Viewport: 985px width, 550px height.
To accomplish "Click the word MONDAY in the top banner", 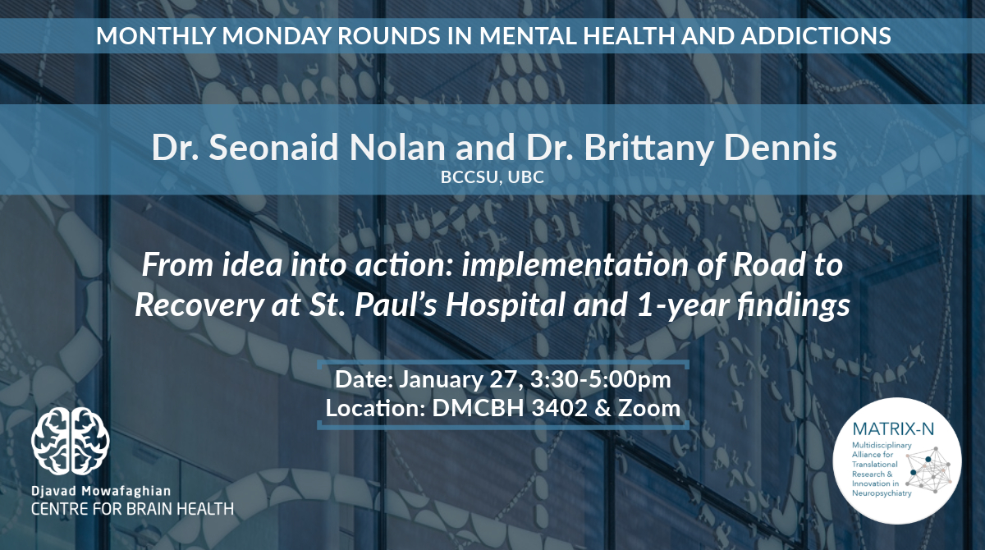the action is coord(276,35).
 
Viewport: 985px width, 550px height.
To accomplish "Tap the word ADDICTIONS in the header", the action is coord(816,35).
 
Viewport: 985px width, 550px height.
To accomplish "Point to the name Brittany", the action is coord(648,148).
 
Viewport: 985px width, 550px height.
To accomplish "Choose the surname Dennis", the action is coord(781,147).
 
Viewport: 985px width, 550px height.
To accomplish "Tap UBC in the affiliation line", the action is coord(526,176).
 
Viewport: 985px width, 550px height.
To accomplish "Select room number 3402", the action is coord(559,409).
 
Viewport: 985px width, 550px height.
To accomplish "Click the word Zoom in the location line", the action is coord(649,409).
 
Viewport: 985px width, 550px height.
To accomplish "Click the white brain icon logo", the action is coord(71,441).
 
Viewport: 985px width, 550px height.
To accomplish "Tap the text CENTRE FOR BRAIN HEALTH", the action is coord(132,509).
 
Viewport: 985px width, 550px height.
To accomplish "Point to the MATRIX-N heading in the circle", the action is coord(893,429).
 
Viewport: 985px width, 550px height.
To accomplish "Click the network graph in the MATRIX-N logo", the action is coord(928,470).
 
